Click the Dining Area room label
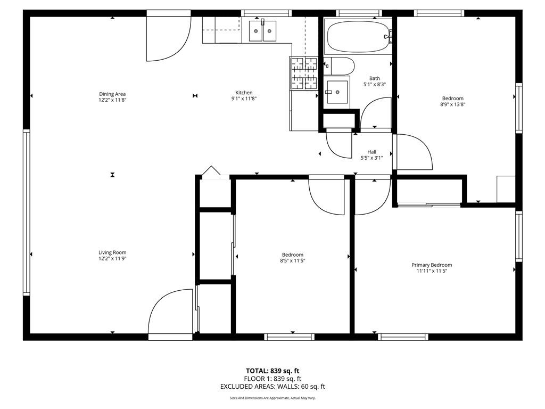coord(112,94)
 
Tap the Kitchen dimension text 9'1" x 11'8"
coord(244,99)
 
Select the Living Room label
coord(112,252)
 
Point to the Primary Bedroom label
coord(432,265)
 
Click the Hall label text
coord(372,152)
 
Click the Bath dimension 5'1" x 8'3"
coord(375,85)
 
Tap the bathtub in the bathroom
coord(358,36)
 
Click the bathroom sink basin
coord(337,92)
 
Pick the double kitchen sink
coord(262,30)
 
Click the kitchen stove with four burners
coord(304,73)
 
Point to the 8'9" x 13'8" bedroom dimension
coord(453,104)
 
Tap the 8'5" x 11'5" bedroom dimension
coord(293,261)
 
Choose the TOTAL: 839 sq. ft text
coord(272,371)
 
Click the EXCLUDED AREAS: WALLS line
coord(272,387)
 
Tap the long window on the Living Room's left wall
coord(27,212)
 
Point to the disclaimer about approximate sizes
coord(272,398)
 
